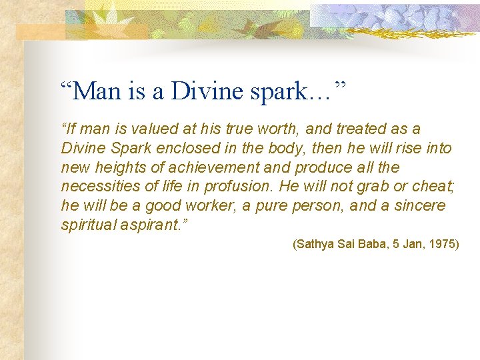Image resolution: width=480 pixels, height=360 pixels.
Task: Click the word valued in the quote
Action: (x=143, y=129)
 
